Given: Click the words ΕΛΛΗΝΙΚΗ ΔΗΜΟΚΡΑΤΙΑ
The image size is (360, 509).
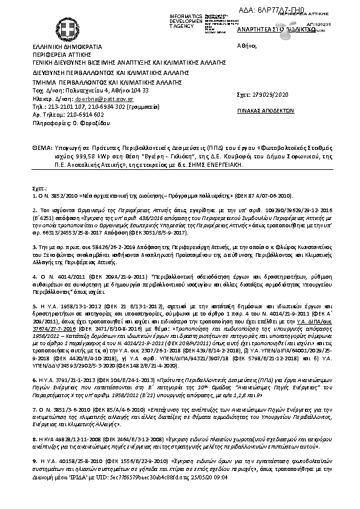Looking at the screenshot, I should tap(59, 47).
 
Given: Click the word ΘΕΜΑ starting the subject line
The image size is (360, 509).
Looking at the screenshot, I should tap(41, 148).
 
